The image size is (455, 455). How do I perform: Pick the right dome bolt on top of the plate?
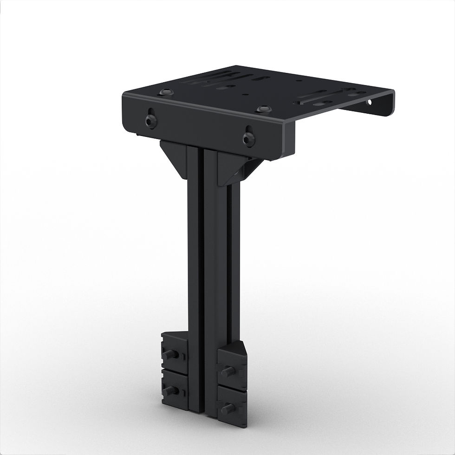264,109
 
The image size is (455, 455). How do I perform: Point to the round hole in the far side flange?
370,101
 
